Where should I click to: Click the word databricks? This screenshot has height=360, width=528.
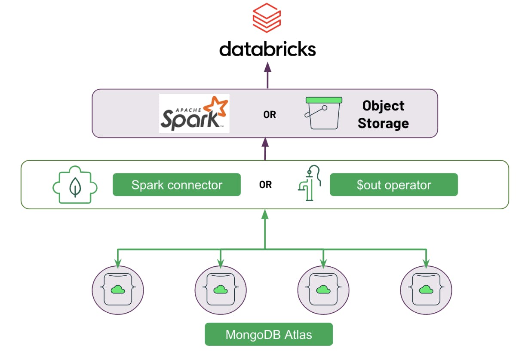[267, 49]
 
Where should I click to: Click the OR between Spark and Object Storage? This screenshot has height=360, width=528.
[270, 115]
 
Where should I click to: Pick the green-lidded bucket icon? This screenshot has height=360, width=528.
[323, 113]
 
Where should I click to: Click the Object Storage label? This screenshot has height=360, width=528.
[383, 115]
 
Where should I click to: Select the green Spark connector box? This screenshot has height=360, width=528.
[177, 185]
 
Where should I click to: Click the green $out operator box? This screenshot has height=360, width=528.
[393, 185]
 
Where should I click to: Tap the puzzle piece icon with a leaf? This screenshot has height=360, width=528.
[75, 186]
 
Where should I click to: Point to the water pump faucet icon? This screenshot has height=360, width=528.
[309, 183]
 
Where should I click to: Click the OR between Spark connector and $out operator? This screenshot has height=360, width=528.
[265, 185]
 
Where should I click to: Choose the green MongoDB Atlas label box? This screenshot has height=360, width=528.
[269, 334]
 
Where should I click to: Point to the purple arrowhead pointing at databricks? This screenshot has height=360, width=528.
[267, 67]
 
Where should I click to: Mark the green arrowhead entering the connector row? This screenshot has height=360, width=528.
[265, 214]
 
